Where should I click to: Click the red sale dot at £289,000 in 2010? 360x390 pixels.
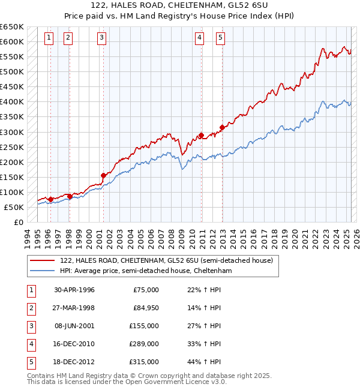tap(201, 135)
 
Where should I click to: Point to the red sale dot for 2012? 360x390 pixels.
tap(221, 127)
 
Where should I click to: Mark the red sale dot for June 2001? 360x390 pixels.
tap(103, 175)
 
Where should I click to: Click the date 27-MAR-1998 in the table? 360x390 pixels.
tap(74, 308)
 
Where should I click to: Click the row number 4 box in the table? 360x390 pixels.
tap(31, 344)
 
